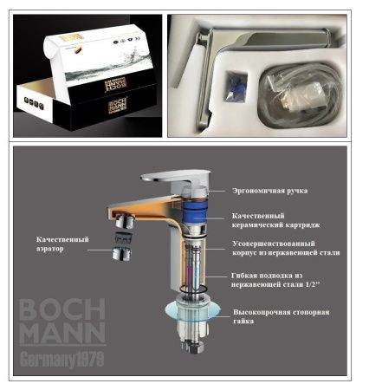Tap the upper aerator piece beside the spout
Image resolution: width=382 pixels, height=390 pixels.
tap(122, 231)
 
